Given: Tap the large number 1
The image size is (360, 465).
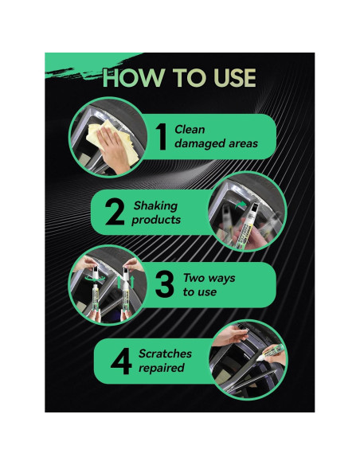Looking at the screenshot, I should click(x=159, y=136).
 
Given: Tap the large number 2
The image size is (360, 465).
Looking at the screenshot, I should click(x=114, y=211).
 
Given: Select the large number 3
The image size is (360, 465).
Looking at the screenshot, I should click(x=165, y=284).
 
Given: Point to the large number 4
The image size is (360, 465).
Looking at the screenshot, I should click(x=121, y=359).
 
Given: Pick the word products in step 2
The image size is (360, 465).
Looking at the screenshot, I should click(x=156, y=219).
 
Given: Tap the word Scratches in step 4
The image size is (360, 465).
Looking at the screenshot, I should click(x=165, y=352).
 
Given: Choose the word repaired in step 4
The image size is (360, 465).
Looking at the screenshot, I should click(x=161, y=368).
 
